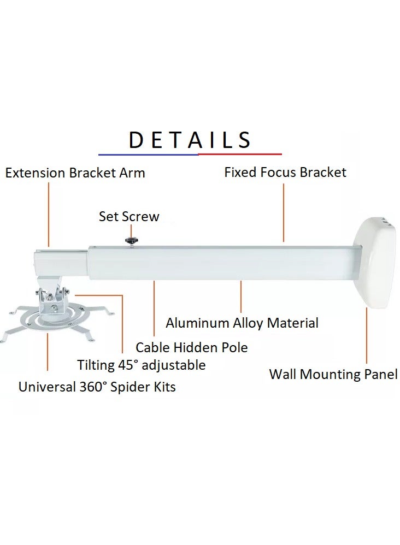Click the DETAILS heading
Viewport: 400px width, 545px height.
coord(190,140)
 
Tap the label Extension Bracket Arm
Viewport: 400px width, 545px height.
coord(75,173)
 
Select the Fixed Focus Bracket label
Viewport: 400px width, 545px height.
coord(285,173)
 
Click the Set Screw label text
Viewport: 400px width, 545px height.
coord(129,216)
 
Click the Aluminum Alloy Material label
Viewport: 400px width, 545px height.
coord(242,323)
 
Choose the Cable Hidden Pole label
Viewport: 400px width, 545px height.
coord(192,347)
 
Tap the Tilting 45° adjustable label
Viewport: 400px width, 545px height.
coord(142,365)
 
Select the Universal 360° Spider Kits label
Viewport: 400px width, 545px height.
coord(97,387)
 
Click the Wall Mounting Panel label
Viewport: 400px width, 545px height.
coord(333,375)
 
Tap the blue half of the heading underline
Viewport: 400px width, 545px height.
coord(148,155)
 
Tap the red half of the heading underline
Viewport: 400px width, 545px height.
coord(240,155)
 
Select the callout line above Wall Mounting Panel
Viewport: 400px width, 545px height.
coord(367,335)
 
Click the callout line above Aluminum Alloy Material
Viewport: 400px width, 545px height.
coord(241,298)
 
